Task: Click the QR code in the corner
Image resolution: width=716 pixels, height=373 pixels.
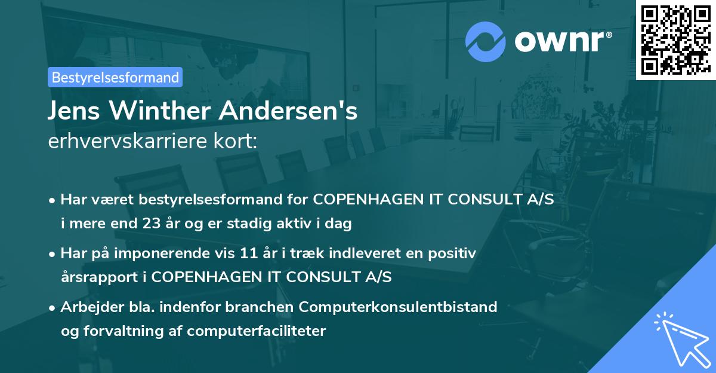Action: pyautogui.click(x=675, y=39)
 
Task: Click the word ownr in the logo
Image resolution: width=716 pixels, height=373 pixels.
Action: pyautogui.click(x=561, y=42)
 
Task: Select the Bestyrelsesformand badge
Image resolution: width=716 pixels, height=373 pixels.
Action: pyautogui.click(x=115, y=77)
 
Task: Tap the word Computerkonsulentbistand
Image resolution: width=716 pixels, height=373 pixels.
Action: pyautogui.click(x=398, y=307)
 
